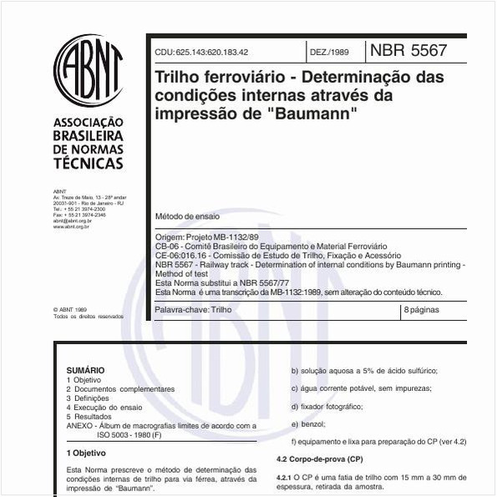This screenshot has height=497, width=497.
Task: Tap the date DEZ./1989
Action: (329, 52)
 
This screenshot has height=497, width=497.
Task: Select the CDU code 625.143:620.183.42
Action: (201, 52)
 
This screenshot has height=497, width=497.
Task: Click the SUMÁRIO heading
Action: (85, 369)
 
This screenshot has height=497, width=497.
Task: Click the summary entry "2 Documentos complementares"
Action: (120, 388)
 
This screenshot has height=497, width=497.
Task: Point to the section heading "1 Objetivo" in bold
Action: (86, 453)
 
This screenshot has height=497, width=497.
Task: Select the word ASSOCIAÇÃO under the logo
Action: (88, 121)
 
